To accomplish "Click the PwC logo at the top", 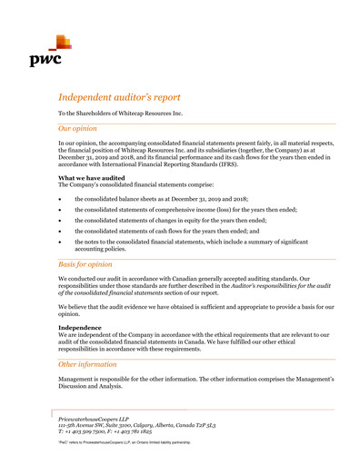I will [54, 54].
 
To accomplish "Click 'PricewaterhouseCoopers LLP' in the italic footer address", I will [95, 418].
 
